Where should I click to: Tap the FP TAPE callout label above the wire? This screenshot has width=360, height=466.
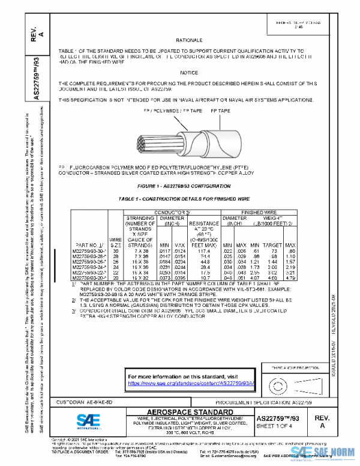pos(221,112)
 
